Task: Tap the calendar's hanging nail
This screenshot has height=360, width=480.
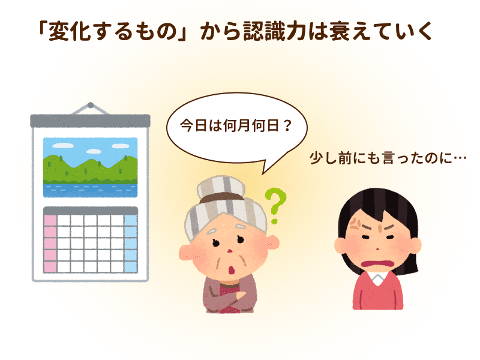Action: (x=91, y=106)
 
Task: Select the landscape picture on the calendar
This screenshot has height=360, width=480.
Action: (x=91, y=167)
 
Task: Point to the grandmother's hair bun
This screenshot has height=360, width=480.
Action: (x=221, y=187)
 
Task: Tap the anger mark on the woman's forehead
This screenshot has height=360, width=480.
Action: (x=355, y=224)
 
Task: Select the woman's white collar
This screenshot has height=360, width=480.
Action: (x=378, y=278)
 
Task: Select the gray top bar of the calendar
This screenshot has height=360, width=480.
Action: (x=91, y=121)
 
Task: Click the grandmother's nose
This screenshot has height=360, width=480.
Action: (x=230, y=251)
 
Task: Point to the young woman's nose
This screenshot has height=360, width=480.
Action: (x=378, y=248)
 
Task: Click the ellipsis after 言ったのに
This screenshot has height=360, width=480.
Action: (x=459, y=158)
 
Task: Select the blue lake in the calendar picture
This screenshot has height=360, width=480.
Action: (x=91, y=191)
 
